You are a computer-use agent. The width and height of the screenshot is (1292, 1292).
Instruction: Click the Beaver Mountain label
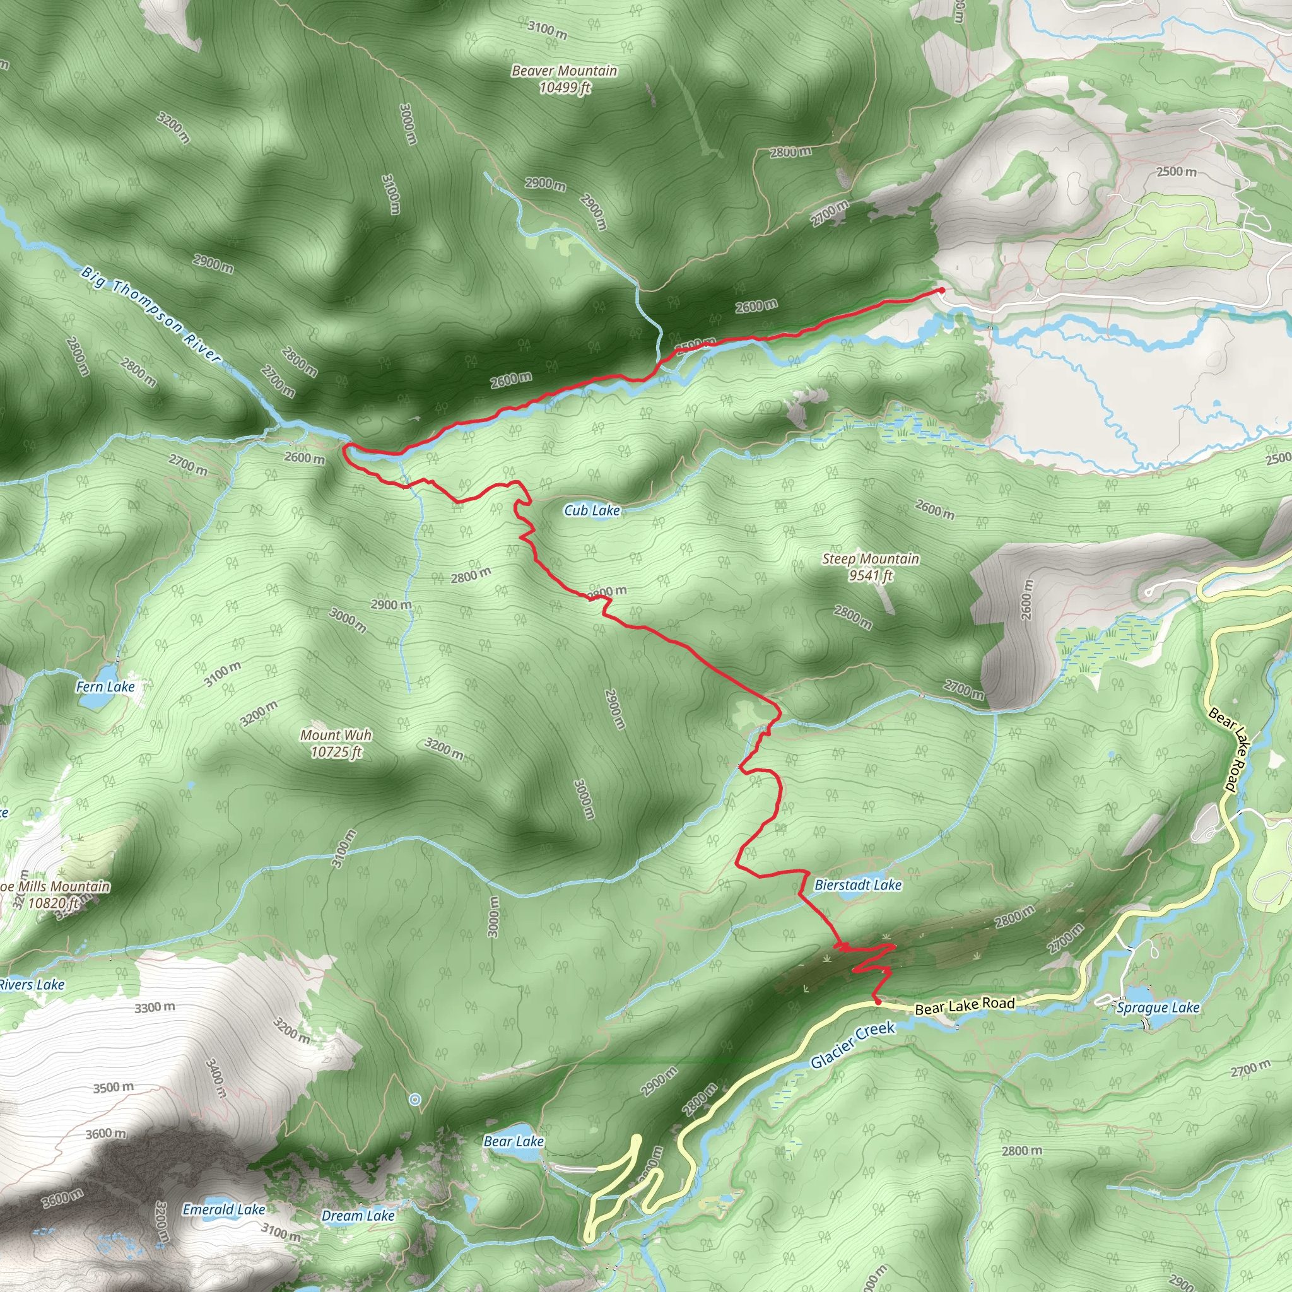565,79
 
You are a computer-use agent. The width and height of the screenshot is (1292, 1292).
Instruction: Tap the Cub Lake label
592,511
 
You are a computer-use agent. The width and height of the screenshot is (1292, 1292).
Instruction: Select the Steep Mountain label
871,567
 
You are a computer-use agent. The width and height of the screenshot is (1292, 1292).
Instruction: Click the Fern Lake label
105,687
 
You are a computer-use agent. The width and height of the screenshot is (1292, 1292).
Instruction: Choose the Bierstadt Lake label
858,885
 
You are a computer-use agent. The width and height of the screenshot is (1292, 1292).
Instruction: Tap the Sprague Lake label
1158,1007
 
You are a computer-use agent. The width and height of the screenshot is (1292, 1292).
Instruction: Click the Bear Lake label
514,1141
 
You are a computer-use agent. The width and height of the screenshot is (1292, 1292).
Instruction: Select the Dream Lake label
358,1216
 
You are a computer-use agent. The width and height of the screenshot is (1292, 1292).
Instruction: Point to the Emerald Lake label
224,1209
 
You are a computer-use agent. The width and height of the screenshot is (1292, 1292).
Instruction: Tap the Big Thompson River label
151,313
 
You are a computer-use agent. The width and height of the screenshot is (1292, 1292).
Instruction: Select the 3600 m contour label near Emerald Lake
62,1199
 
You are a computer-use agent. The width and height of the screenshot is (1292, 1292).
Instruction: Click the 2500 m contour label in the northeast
1177,171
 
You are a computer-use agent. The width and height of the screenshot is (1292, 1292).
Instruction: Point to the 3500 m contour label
113,1088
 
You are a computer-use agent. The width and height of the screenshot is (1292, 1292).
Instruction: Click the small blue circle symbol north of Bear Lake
415,1100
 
